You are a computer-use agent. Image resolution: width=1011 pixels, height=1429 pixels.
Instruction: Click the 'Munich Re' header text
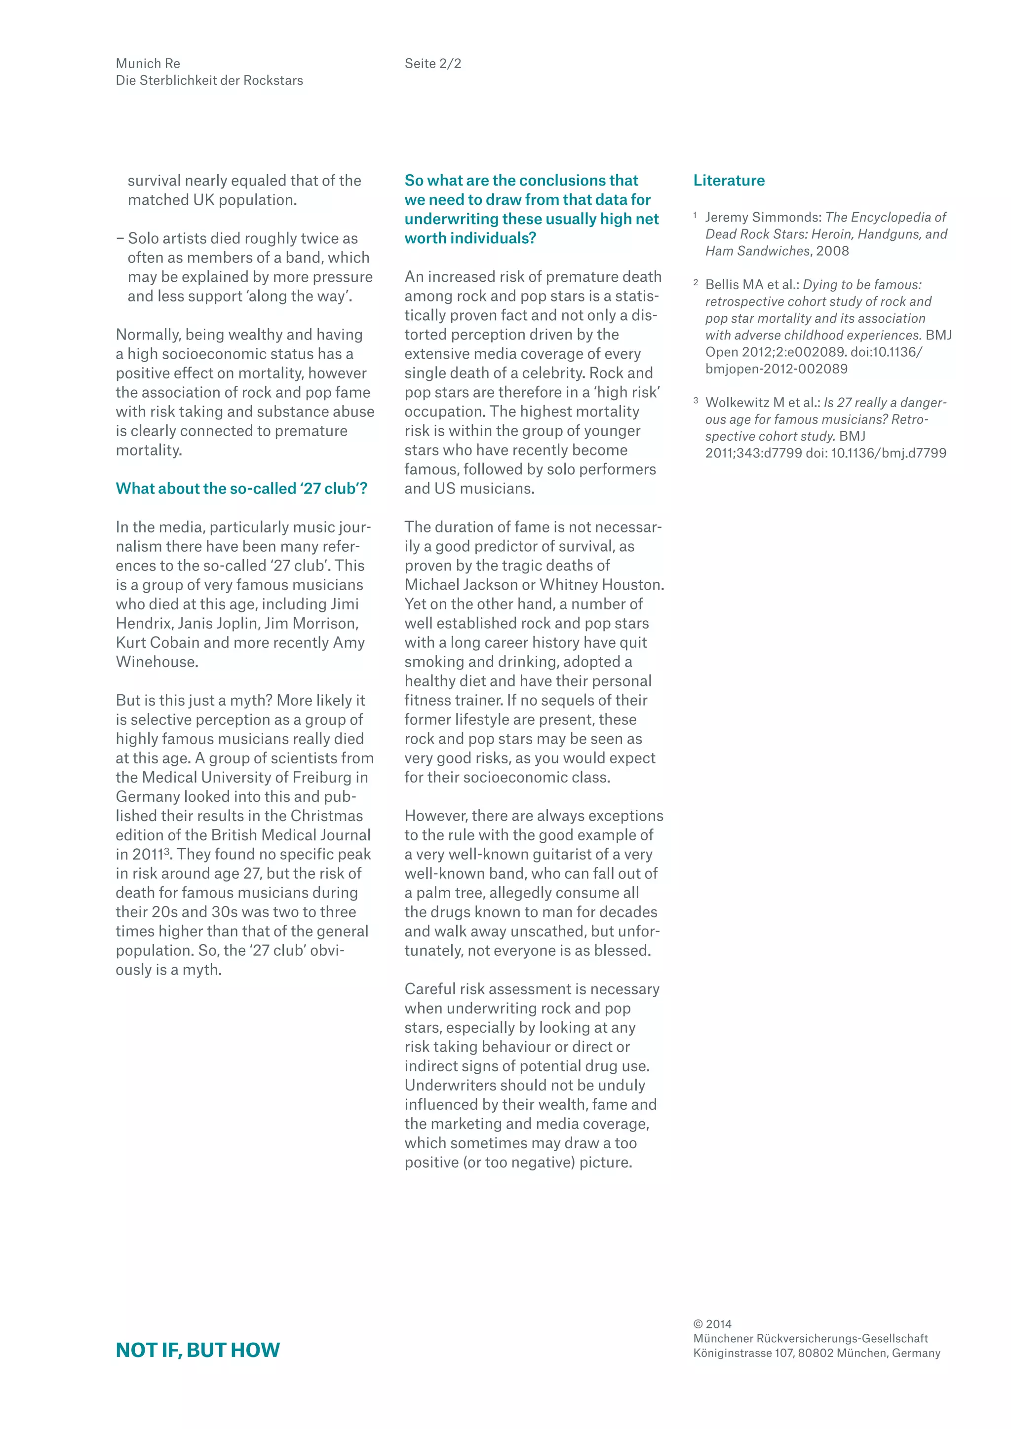pos(148,64)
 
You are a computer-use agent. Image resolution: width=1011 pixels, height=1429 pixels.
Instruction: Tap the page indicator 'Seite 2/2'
pos(432,64)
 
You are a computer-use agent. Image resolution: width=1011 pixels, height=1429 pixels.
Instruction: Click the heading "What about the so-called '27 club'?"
pos(241,489)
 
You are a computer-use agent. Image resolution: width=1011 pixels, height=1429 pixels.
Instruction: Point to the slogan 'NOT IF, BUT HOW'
pos(198,1350)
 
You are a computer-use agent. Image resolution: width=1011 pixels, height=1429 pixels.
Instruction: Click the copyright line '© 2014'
pos(712,1324)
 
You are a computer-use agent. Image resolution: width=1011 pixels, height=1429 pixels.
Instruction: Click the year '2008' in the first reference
pos(832,251)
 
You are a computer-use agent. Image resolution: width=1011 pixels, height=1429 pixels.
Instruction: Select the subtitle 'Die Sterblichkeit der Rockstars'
pos(209,80)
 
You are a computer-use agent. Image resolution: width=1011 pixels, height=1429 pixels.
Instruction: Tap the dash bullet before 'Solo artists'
pos(119,238)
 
